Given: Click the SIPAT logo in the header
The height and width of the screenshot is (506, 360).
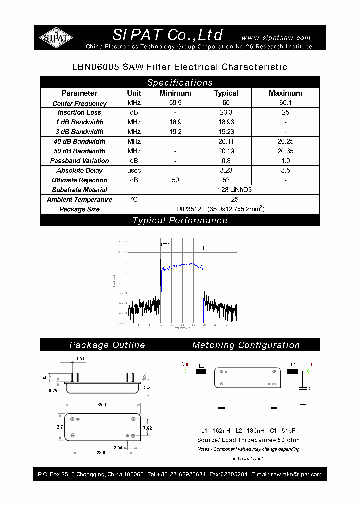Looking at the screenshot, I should click(x=56, y=37).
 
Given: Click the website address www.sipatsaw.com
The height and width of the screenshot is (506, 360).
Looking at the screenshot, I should click(x=276, y=38).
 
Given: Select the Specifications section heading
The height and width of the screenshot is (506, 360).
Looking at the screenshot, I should click(x=180, y=83).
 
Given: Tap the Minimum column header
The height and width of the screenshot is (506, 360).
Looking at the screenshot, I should click(x=175, y=93).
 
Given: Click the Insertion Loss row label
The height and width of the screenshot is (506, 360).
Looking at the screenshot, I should click(x=79, y=113).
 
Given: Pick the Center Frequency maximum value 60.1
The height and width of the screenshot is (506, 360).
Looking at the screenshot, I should click(x=285, y=103).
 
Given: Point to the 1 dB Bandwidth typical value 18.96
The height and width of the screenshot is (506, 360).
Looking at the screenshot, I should click(x=226, y=122).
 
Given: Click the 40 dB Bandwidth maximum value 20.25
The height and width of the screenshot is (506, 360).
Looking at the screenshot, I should click(x=285, y=142).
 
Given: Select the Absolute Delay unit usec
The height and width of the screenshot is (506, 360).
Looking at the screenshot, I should click(x=134, y=171).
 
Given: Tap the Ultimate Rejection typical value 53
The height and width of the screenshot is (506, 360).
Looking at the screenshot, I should click(x=226, y=180).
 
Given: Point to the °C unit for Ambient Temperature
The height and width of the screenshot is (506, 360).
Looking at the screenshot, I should click(x=134, y=199).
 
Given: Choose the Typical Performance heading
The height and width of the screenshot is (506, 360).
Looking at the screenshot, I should click(x=180, y=220).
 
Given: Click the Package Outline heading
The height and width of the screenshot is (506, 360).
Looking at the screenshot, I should click(x=107, y=345).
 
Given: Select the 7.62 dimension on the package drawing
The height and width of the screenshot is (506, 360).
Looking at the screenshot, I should click(x=147, y=428).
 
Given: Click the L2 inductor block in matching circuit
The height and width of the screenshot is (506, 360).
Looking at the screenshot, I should click(x=201, y=372).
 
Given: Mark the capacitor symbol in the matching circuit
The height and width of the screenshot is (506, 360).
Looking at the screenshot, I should click(x=303, y=388).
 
